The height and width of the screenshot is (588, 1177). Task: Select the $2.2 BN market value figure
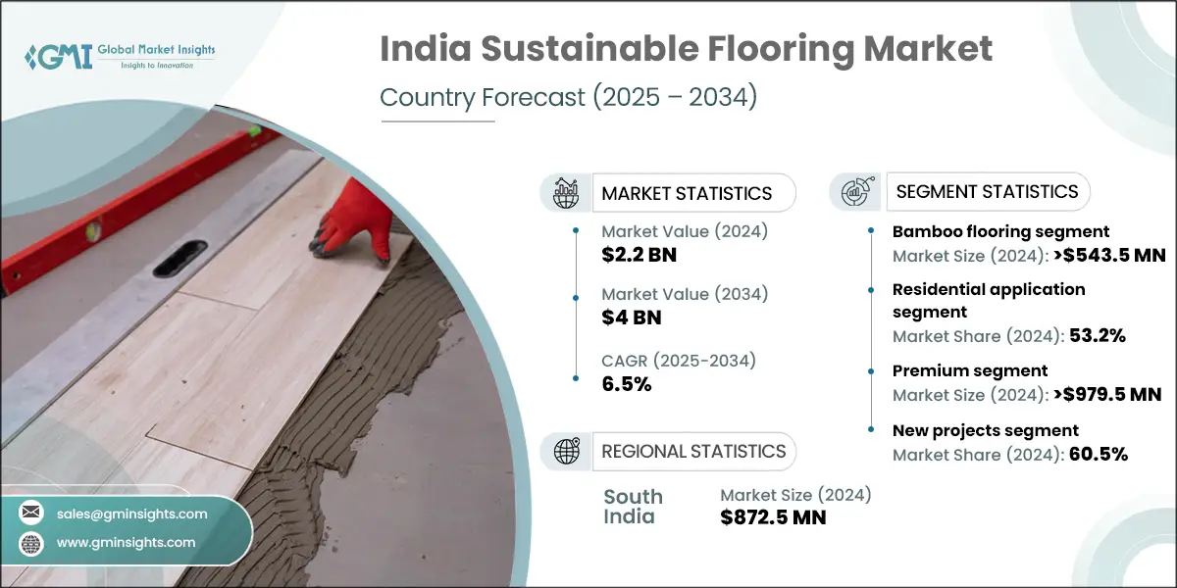coord(639,256)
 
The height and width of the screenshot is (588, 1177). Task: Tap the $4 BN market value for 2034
coord(632,317)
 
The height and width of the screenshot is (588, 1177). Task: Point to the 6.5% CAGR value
coord(627,383)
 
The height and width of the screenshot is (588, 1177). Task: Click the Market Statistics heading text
coord(687,193)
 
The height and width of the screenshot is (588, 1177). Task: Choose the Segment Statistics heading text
coord(987,191)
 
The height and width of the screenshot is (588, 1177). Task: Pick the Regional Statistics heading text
coord(693,451)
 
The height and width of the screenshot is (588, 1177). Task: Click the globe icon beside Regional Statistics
coord(566,451)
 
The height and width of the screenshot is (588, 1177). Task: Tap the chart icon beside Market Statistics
coord(566,192)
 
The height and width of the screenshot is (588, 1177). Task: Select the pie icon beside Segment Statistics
coord(854,191)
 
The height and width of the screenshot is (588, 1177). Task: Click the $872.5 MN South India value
coord(773,517)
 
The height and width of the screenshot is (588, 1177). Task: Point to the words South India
coord(633,506)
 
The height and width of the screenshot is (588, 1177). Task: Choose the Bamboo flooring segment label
coord(1000,232)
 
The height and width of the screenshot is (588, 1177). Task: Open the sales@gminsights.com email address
coord(132,513)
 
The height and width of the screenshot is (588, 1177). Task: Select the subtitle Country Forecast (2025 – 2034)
coord(568,98)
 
